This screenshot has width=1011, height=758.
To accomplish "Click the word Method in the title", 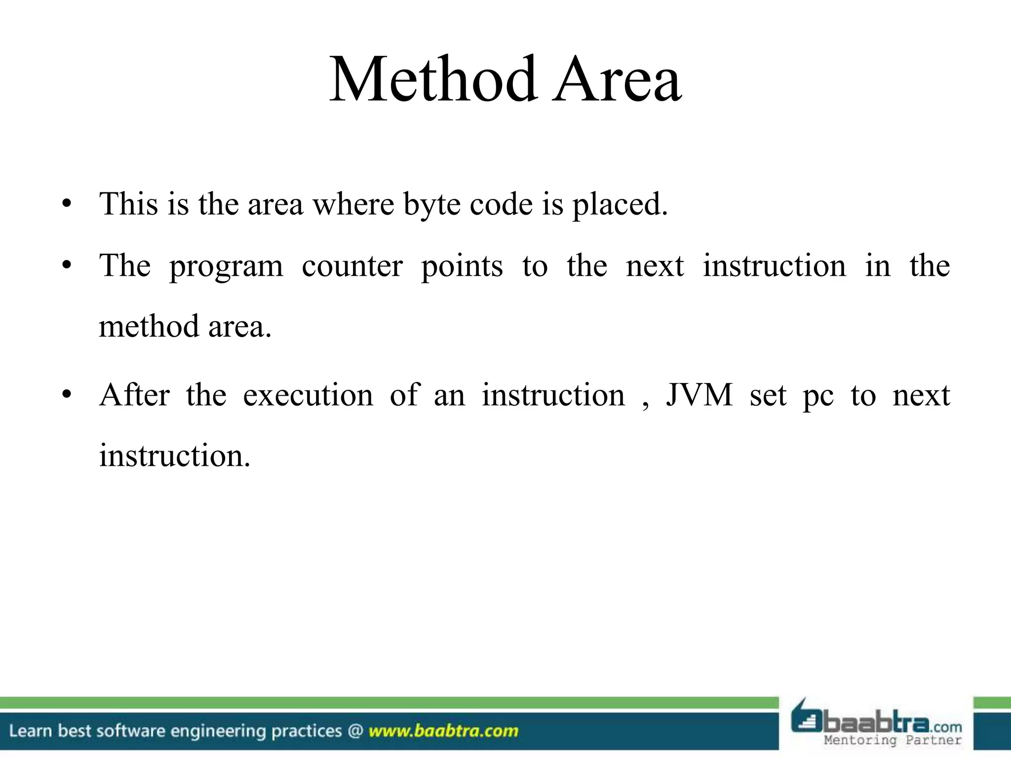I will click(433, 80).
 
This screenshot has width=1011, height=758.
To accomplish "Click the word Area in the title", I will click(617, 80).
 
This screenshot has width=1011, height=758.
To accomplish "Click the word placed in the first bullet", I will click(620, 205).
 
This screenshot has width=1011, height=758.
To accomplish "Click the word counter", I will click(352, 266).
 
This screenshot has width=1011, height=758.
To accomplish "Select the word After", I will click(134, 395).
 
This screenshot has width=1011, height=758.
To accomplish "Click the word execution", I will click(308, 396).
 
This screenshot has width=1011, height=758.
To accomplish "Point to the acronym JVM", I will click(699, 395).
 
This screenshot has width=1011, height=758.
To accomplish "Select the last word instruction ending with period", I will click(175, 455).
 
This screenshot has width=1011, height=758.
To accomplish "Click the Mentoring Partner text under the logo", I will click(893, 740).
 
